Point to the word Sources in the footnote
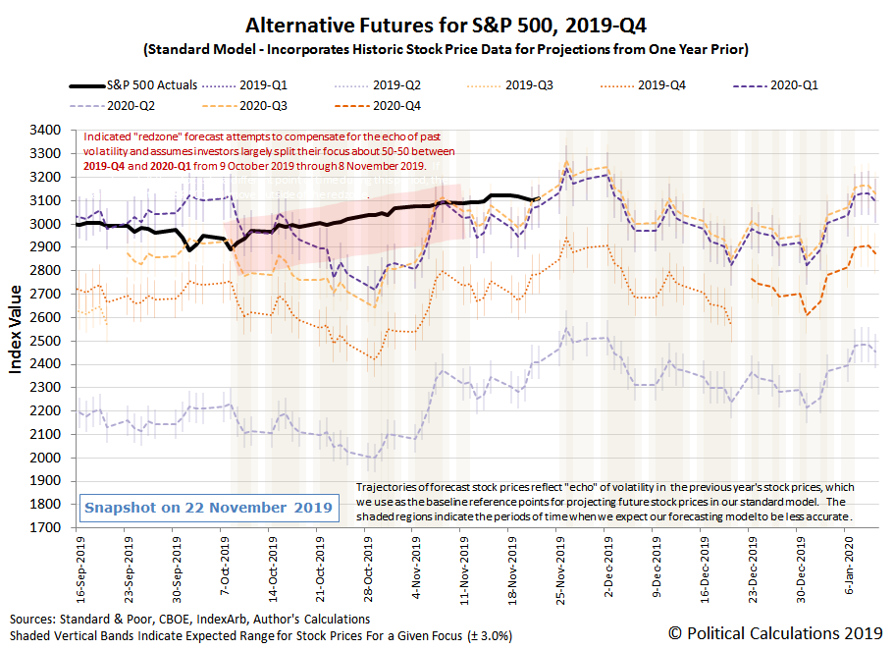tap(36, 620)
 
